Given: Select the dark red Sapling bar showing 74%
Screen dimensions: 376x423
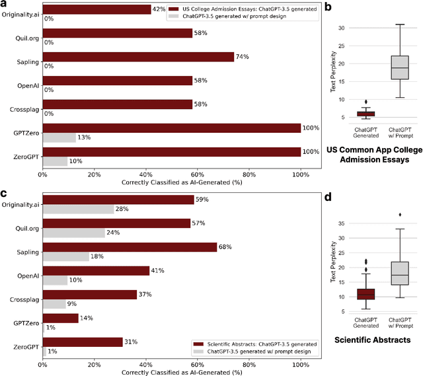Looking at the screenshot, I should tap(138, 57).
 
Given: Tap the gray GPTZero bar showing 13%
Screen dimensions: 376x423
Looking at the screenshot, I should tap(59, 138).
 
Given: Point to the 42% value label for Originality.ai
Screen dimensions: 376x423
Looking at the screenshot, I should tap(159, 9).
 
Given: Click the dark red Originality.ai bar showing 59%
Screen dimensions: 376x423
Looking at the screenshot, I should tap(118, 200).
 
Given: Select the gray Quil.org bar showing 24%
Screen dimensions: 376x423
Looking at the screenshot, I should tap(74, 233).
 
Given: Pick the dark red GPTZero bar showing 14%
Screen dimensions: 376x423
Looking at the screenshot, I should tap(61, 319).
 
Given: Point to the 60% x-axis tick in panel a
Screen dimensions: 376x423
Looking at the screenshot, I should tap(198, 176).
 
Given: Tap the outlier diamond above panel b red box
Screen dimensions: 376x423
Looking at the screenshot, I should tap(366, 102).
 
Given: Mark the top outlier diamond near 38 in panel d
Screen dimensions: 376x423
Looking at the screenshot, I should tap(399, 215).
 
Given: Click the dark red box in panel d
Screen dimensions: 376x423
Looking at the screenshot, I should tap(366, 293).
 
